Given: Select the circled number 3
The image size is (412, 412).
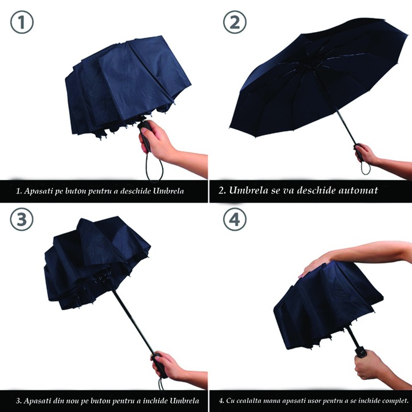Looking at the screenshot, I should click(22, 220).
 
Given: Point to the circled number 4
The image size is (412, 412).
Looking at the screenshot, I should click(235, 220).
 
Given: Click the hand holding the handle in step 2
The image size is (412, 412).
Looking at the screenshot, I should click(367, 154).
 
